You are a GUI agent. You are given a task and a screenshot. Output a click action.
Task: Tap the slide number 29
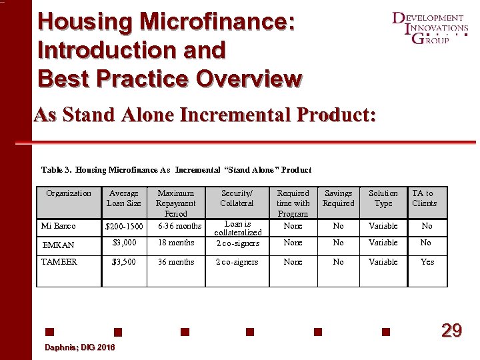(451, 330)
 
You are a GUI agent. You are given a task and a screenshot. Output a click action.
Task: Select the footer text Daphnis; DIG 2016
(79, 348)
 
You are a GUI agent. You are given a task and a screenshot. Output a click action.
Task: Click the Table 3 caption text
(176, 170)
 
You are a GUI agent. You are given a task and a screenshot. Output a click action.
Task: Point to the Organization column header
(69, 193)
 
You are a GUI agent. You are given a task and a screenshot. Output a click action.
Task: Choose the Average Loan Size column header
(124, 198)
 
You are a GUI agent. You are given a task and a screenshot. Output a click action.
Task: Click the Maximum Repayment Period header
(176, 203)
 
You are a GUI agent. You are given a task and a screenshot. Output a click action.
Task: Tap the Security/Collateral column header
(237, 198)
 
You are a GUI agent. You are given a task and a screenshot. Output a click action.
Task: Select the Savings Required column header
(339, 198)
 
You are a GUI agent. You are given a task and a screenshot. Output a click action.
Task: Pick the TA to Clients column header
(424, 198)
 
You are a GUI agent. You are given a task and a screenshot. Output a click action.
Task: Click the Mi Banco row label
(59, 226)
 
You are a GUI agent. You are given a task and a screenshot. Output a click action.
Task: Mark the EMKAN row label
(58, 245)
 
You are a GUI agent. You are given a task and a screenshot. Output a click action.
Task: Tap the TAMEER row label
(59, 262)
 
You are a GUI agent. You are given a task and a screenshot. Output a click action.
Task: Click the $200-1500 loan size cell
(124, 227)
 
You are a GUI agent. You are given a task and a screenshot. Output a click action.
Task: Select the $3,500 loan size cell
(124, 262)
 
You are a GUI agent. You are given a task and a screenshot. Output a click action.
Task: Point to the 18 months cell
(176, 243)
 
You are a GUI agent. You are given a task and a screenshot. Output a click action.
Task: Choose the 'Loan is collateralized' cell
(237, 228)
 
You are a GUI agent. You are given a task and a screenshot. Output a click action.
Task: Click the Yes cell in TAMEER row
(427, 262)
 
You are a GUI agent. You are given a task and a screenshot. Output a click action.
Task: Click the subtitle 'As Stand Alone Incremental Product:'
(205, 115)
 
